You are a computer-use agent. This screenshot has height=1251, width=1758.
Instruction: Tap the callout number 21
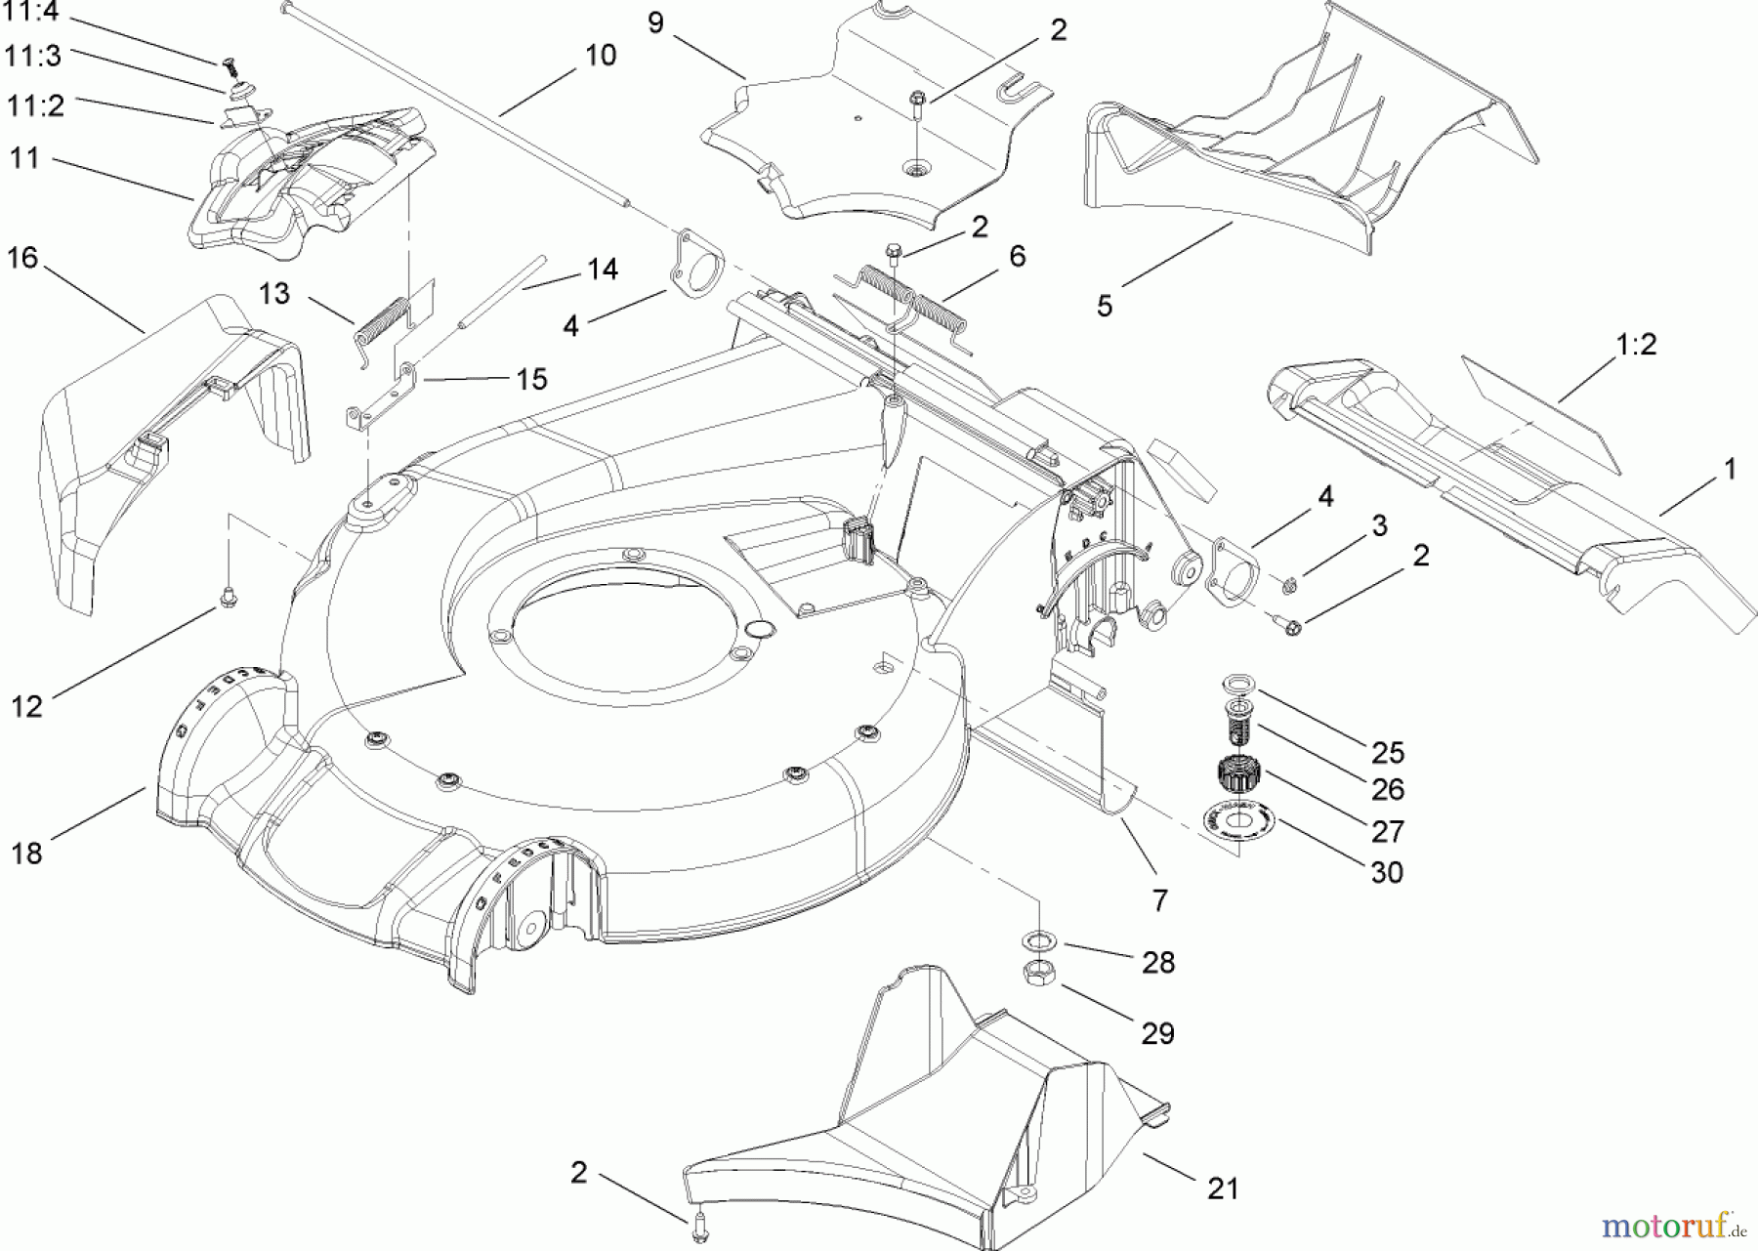1223,1188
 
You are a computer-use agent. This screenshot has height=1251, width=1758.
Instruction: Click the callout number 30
1387,871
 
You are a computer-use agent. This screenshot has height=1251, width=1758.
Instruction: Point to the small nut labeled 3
1290,585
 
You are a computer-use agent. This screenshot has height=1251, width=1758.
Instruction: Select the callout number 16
22,258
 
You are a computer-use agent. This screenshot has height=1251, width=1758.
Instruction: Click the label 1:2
1636,344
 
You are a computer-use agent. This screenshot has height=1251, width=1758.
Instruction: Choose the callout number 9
655,22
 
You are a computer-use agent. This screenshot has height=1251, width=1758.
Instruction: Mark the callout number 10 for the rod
601,55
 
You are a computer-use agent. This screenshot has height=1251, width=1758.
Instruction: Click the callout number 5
1104,306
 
